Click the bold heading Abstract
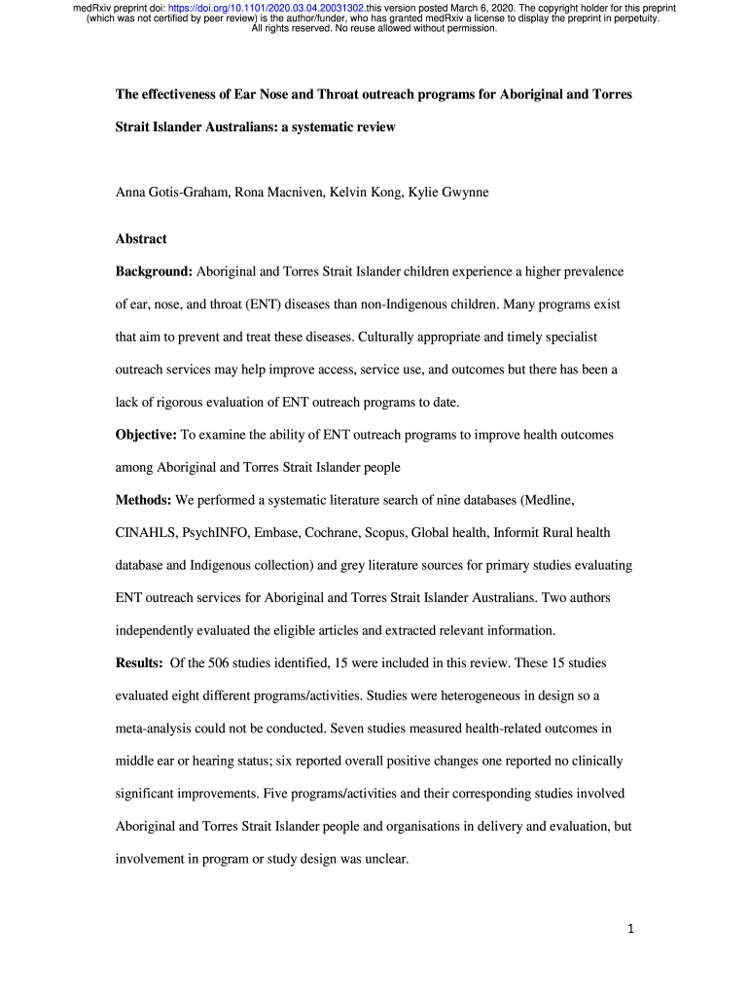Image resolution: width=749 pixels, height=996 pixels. [141, 239]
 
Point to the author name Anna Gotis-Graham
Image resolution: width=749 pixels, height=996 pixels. [172, 193]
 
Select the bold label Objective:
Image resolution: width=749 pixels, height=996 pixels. [146, 435]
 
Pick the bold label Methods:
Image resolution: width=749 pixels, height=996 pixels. [143, 500]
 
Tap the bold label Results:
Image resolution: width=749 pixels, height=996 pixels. [140, 663]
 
